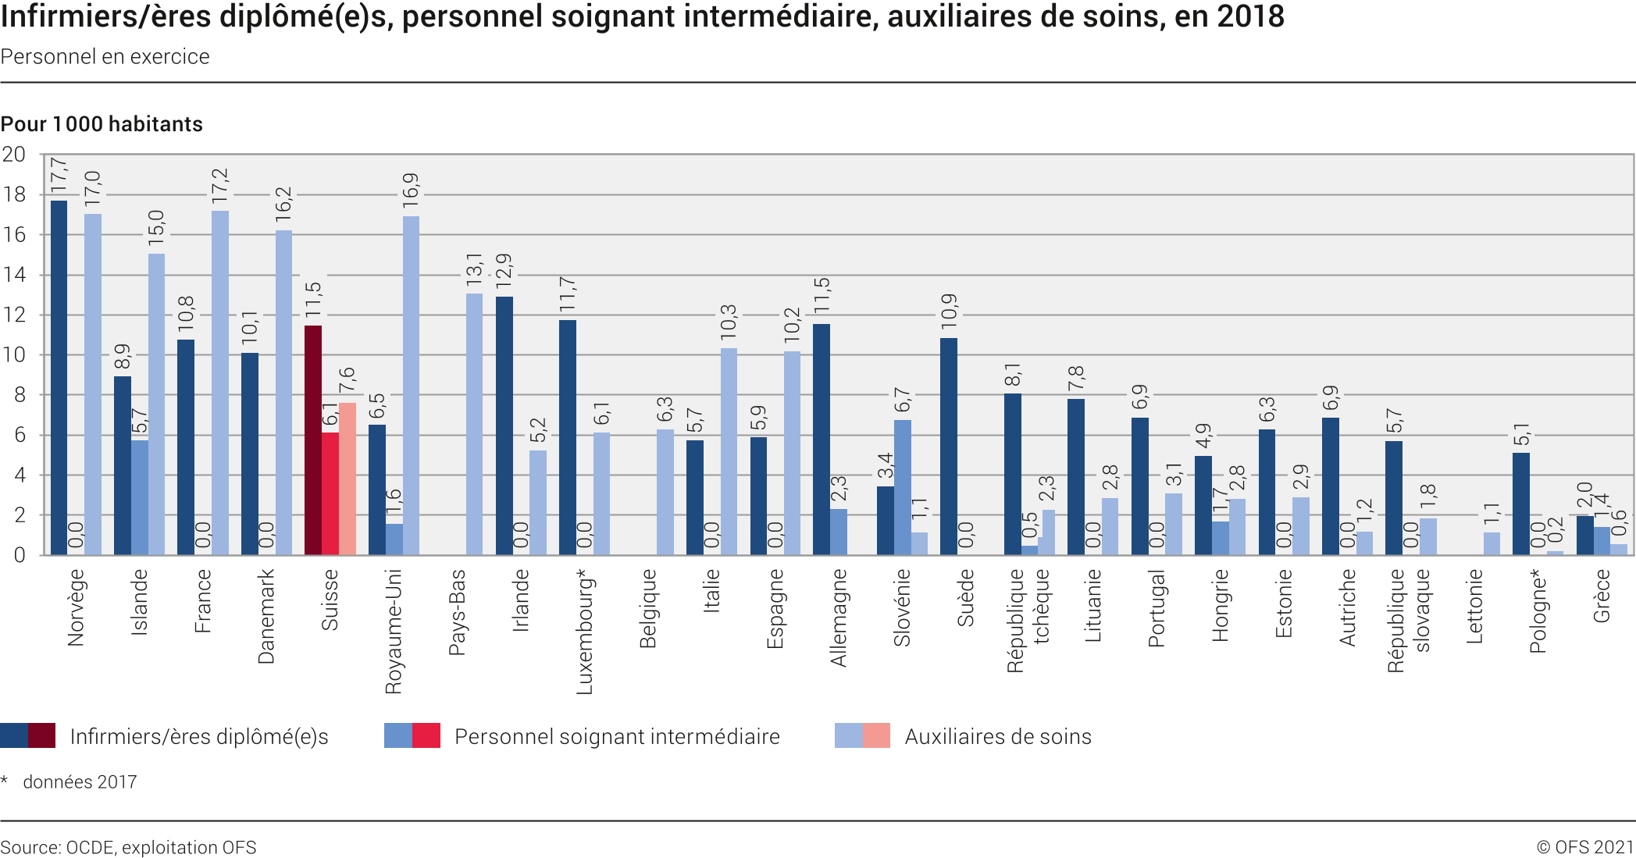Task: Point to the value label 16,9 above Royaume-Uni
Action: coord(411,190)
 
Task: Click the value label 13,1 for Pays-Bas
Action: coord(474,269)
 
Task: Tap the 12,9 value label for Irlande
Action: coord(504,271)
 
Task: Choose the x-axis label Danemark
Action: coord(266,616)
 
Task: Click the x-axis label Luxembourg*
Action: coord(585,632)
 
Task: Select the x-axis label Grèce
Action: coord(1602,596)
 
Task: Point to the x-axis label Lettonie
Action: coord(1474,606)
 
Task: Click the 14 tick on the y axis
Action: coord(14,275)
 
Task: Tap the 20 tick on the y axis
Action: coord(14,155)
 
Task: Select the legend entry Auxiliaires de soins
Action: coord(997,736)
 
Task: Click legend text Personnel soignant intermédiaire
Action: coord(617,736)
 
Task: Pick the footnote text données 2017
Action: coord(80,782)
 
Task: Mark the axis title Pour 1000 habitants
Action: coord(102,124)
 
